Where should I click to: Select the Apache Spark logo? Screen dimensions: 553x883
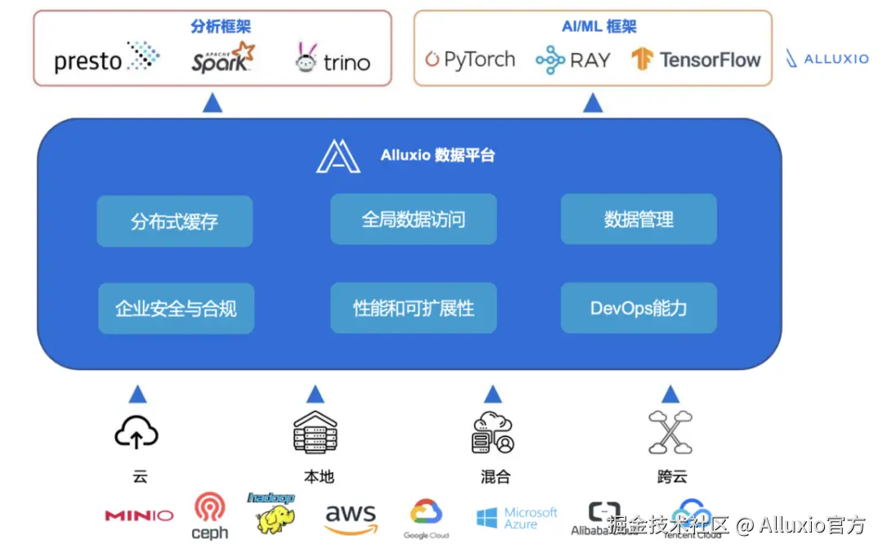coord(222,58)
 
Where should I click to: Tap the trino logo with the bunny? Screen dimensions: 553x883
coord(332,59)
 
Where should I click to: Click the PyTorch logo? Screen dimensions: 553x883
coord(470,60)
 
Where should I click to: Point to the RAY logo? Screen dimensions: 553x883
coord(572,60)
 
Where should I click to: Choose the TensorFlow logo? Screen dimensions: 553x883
coord(696,60)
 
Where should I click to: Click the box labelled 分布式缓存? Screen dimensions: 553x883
coord(174,221)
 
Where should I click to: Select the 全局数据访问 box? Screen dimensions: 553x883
coord(413,219)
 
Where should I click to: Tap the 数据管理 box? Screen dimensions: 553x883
coord(639,219)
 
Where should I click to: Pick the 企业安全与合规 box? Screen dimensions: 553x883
coord(176,308)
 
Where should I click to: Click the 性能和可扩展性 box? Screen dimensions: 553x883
coord(413,308)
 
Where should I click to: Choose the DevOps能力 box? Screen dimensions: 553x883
coord(639,308)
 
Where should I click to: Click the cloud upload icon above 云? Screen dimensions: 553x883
coord(136,432)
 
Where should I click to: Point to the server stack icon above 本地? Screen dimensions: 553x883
coord(315,432)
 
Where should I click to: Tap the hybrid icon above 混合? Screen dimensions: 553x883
coord(492,433)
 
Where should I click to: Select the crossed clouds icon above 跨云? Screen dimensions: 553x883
coord(670,432)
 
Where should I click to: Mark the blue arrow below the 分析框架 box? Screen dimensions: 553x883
coord(212,103)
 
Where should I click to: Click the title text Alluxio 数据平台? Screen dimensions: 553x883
coord(437,155)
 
